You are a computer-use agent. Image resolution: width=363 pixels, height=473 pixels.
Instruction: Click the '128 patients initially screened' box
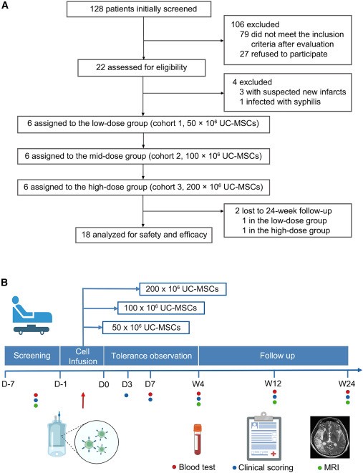(x=138, y=9)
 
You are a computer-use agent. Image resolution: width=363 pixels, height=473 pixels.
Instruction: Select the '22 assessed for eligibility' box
(x=142, y=67)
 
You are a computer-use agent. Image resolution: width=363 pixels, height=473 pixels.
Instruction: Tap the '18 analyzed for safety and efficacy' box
(x=144, y=235)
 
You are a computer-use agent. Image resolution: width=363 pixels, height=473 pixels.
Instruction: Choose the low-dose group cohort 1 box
(x=143, y=124)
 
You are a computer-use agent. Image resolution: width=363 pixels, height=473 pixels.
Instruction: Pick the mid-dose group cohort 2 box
(x=143, y=156)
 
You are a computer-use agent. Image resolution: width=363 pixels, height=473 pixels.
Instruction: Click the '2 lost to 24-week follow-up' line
(x=284, y=211)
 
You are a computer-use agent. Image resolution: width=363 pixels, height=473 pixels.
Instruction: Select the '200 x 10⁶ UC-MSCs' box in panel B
(x=183, y=289)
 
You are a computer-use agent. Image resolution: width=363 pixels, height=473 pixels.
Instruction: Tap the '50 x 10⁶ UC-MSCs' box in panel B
(x=146, y=328)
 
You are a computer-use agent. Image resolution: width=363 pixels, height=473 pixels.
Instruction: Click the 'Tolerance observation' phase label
(x=152, y=356)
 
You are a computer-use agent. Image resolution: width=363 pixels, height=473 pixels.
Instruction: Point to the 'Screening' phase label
(x=32, y=356)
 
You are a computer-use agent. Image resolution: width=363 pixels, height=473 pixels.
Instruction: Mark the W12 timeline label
(x=273, y=384)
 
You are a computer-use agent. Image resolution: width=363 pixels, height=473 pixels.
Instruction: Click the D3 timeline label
(x=127, y=384)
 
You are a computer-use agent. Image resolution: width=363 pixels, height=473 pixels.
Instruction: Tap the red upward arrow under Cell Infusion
(x=83, y=400)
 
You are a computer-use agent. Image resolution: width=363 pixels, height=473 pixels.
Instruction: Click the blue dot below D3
(x=127, y=395)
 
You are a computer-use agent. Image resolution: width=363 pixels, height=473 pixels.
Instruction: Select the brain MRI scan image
(x=330, y=437)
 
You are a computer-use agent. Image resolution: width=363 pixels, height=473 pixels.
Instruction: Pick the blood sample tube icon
(x=198, y=439)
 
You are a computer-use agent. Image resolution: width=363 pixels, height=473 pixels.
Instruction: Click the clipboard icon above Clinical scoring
(x=264, y=436)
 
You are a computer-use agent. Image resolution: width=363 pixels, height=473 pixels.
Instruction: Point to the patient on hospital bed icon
(x=32, y=316)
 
